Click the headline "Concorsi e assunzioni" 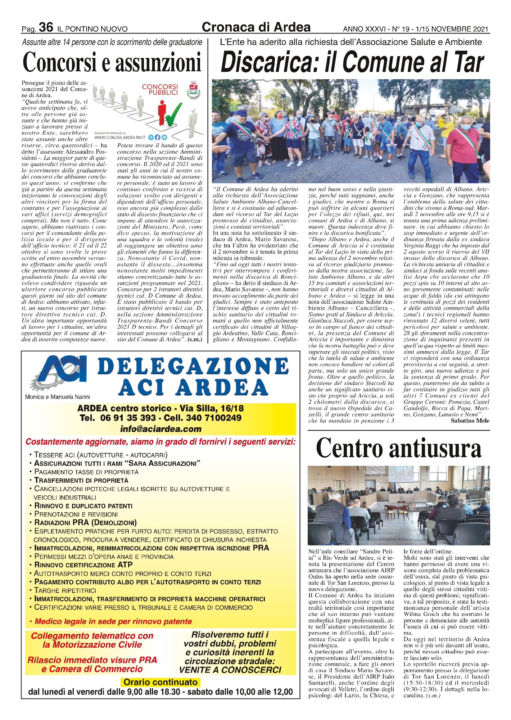pyautogui.click(x=112, y=62)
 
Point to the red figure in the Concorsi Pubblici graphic pyautogui.click(x=162, y=112)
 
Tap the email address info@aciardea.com pyautogui.click(x=161, y=429)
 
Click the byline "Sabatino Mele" pyautogui.click(x=470, y=420)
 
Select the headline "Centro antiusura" pyautogui.click(x=398, y=449)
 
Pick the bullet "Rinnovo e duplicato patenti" pyautogui.click(x=83, y=506)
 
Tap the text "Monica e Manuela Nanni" pyautogui.click(x=58, y=397)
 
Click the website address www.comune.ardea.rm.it pyautogui.click(x=120, y=137)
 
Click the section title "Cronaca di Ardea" pyautogui.click(x=256, y=27)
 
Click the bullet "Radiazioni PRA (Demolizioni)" pyautogui.click(x=85, y=523)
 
